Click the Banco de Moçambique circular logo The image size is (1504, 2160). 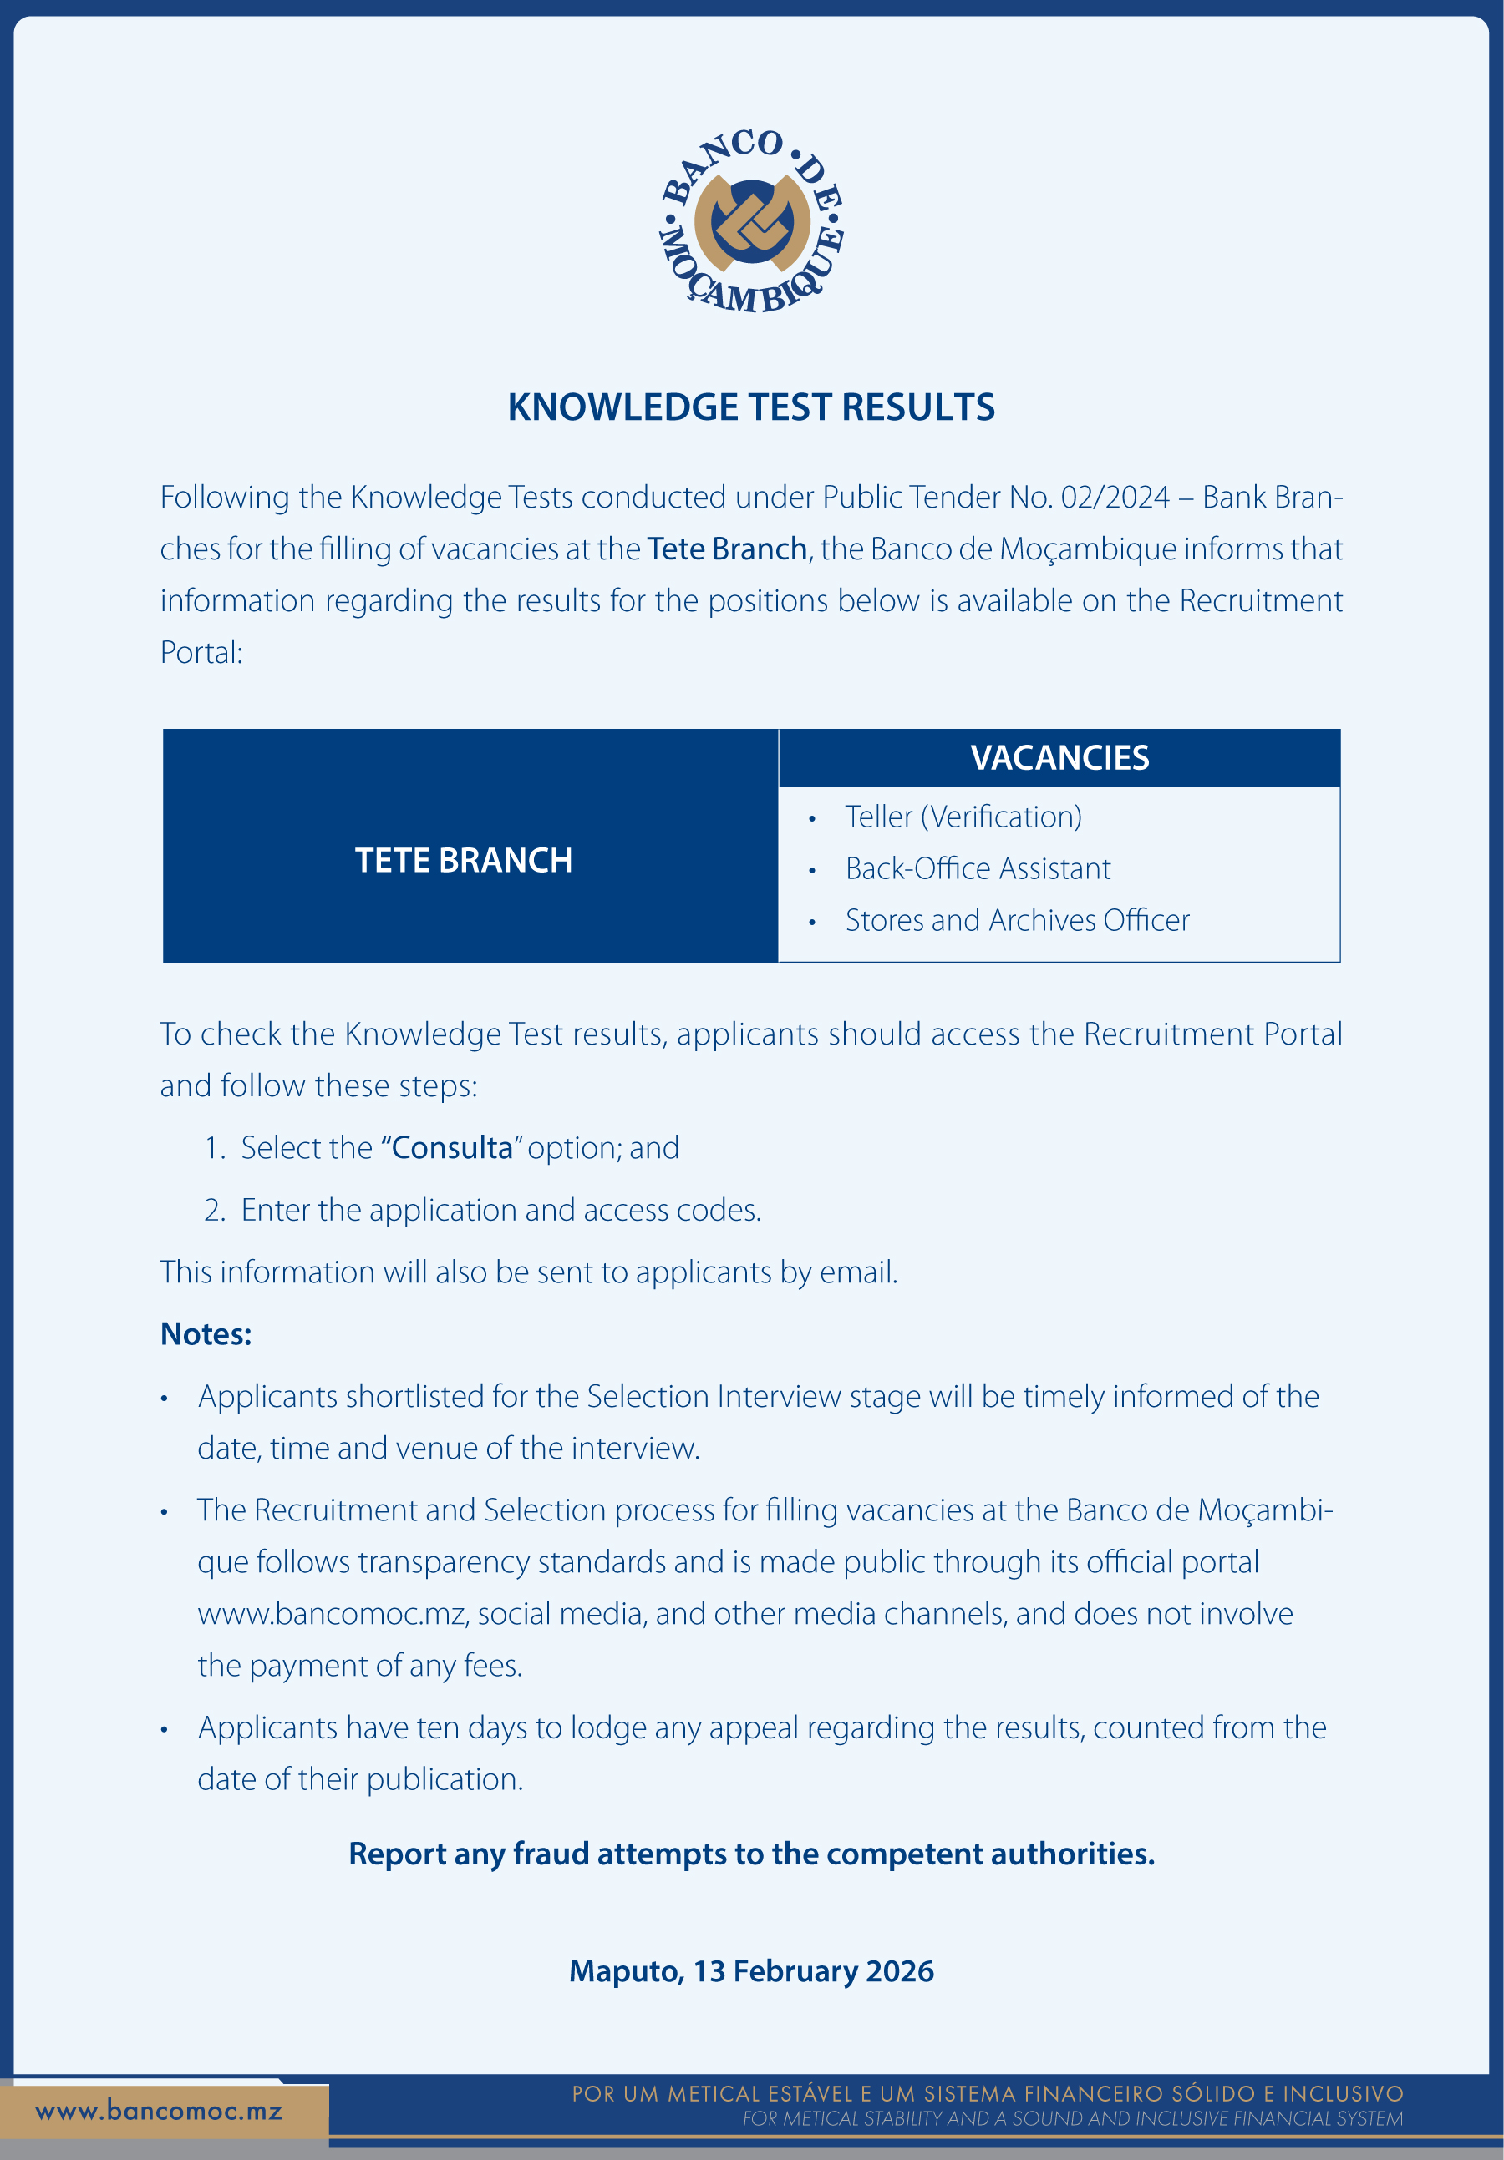point(751,222)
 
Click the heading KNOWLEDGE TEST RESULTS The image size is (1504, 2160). point(751,407)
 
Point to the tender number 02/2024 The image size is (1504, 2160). point(1115,497)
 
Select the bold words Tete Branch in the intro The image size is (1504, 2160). point(727,549)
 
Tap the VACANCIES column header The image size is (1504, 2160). point(1059,758)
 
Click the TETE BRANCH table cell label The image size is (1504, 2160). point(463,861)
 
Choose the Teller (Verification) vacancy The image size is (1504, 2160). point(963,817)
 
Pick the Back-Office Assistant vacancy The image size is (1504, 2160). point(977,868)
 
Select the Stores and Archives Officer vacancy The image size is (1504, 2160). point(1017,920)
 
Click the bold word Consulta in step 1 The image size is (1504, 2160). point(452,1148)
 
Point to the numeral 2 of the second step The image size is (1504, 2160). point(214,1210)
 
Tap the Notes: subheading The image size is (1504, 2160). point(206,1334)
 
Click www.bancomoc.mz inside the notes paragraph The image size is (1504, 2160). point(331,1613)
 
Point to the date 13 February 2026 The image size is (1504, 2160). point(813,1971)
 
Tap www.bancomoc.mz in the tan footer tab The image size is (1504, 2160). point(158,2111)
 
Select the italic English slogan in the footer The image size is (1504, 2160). point(1071,2118)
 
